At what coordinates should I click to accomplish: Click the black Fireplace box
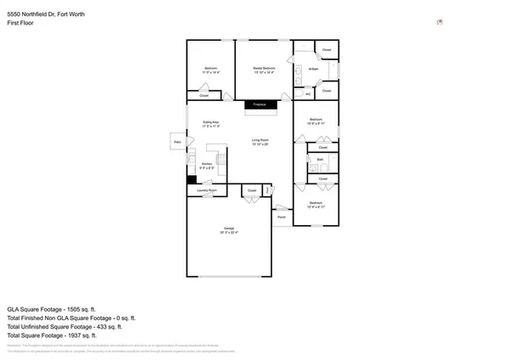pyautogui.click(x=261, y=104)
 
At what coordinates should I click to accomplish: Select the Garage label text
pyautogui.click(x=229, y=228)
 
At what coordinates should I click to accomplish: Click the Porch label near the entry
pyautogui.click(x=281, y=217)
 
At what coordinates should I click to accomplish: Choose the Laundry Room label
pyautogui.click(x=208, y=191)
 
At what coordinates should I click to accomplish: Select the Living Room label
pyautogui.click(x=260, y=140)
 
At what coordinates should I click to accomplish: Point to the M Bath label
pyautogui.click(x=313, y=69)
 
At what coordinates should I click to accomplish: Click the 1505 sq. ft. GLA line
pyautogui.click(x=52, y=308)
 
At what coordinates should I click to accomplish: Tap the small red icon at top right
pyautogui.click(x=439, y=23)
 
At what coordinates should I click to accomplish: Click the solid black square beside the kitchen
pyautogui.click(x=192, y=179)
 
